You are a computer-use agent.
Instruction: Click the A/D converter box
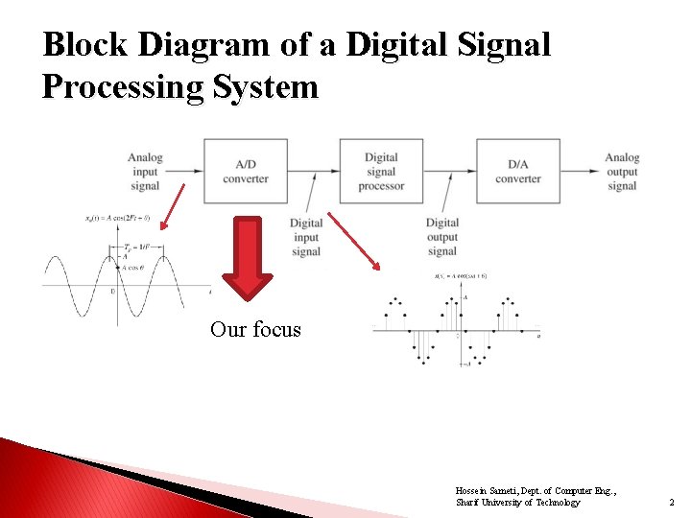(x=245, y=171)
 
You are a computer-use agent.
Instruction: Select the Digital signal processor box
(x=381, y=171)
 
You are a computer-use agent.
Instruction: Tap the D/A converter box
(x=518, y=171)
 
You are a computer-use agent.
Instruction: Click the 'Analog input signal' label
(x=144, y=171)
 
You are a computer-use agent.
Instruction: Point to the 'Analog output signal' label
(x=622, y=171)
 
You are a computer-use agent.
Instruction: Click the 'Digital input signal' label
(x=305, y=237)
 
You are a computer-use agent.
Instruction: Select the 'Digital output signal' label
(x=441, y=237)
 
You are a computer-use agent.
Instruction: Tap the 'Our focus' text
(x=255, y=330)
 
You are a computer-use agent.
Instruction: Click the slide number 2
(x=672, y=502)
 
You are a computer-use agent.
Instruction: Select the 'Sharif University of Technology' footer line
(x=517, y=503)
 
